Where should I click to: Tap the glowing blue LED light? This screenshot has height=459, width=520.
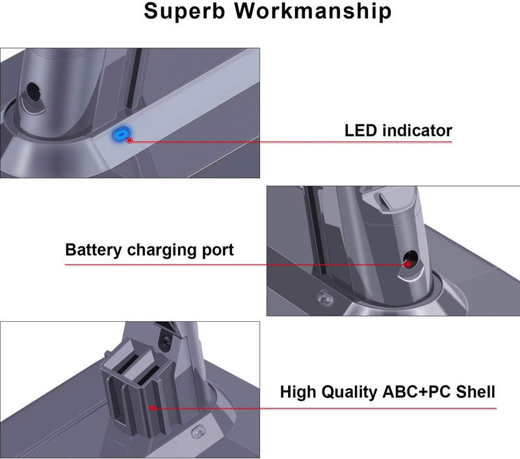click(119, 133)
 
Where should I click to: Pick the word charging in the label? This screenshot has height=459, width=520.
click(162, 250)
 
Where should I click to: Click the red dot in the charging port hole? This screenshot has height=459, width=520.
click(408, 263)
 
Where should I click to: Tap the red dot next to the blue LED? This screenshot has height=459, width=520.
click(129, 140)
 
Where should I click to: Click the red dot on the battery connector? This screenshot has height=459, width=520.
click(151, 408)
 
